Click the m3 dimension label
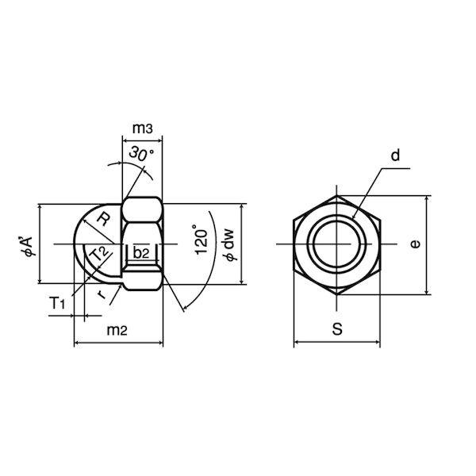(x=142, y=129)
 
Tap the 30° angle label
(x=141, y=154)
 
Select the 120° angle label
(x=201, y=240)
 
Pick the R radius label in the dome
(x=103, y=219)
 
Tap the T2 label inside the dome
(x=99, y=254)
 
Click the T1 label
(x=57, y=303)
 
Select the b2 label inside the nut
(x=141, y=252)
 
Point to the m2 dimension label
(x=117, y=330)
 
